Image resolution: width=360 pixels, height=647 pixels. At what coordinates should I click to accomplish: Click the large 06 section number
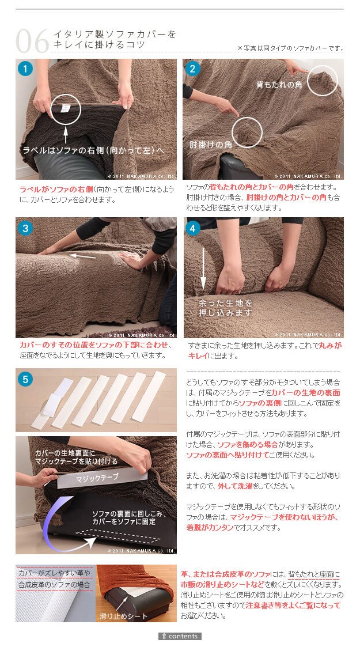click(32, 41)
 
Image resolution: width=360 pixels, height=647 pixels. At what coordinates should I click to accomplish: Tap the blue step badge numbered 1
click(25, 69)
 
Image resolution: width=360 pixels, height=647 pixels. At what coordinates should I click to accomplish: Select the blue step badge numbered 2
click(192, 69)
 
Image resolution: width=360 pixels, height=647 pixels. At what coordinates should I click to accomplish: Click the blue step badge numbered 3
click(25, 228)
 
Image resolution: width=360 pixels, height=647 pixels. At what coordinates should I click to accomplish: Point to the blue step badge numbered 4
click(193, 228)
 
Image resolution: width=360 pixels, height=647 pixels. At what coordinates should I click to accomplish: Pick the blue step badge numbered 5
click(25, 379)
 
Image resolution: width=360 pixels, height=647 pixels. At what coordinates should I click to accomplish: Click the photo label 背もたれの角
click(279, 85)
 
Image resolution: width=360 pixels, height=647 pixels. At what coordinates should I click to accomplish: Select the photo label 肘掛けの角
click(210, 145)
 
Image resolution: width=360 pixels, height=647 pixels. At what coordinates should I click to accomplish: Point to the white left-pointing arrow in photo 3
click(82, 256)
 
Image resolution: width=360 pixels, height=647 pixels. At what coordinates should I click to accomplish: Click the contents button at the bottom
click(180, 636)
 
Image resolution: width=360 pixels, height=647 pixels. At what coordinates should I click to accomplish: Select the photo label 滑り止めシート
click(123, 616)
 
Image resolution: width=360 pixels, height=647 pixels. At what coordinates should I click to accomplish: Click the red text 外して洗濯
click(235, 486)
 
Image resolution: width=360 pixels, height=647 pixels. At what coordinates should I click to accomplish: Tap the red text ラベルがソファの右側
click(56, 190)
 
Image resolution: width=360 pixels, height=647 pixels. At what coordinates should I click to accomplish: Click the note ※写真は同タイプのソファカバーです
click(290, 48)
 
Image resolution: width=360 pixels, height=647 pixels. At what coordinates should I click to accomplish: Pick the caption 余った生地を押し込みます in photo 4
click(225, 308)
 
